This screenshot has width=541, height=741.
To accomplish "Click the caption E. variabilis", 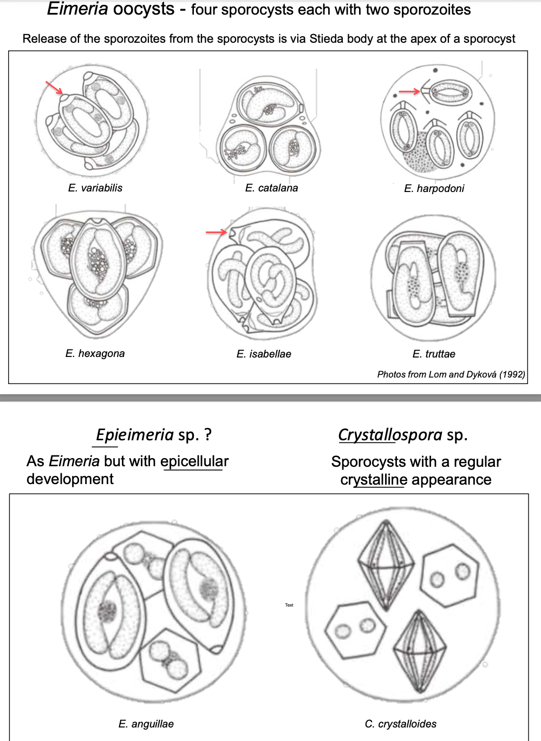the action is coord(95,188).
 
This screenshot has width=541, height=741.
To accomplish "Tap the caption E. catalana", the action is coord(271,188).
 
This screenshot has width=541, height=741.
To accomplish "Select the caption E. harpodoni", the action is coord(434,188).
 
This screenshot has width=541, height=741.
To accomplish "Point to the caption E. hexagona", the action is coord(95,353).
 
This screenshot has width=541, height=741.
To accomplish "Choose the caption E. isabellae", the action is coord(264,354).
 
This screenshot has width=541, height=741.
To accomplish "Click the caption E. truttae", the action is coord(434,354).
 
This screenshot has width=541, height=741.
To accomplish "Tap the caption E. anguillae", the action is coord(146,724).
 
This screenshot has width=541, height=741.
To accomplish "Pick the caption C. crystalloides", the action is coord(401,724).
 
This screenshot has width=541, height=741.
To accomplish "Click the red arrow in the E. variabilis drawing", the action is coord(54,87).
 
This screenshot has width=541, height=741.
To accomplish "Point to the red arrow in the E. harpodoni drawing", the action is coord(409,91).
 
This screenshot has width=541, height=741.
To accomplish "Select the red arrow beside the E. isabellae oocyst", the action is coord(216,232).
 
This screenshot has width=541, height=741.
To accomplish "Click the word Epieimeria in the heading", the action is coord(134,434).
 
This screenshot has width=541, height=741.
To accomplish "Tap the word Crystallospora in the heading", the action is coord(390,435).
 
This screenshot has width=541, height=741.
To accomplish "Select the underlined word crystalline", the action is coord(374,480).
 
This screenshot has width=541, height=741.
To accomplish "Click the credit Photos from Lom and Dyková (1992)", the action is coord(451,374).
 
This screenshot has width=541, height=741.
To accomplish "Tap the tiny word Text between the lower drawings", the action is coord(289,605).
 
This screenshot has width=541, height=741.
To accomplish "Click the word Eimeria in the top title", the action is coord(77,9).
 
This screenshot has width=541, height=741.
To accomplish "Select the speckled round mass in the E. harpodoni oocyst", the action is coord(418,151).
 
